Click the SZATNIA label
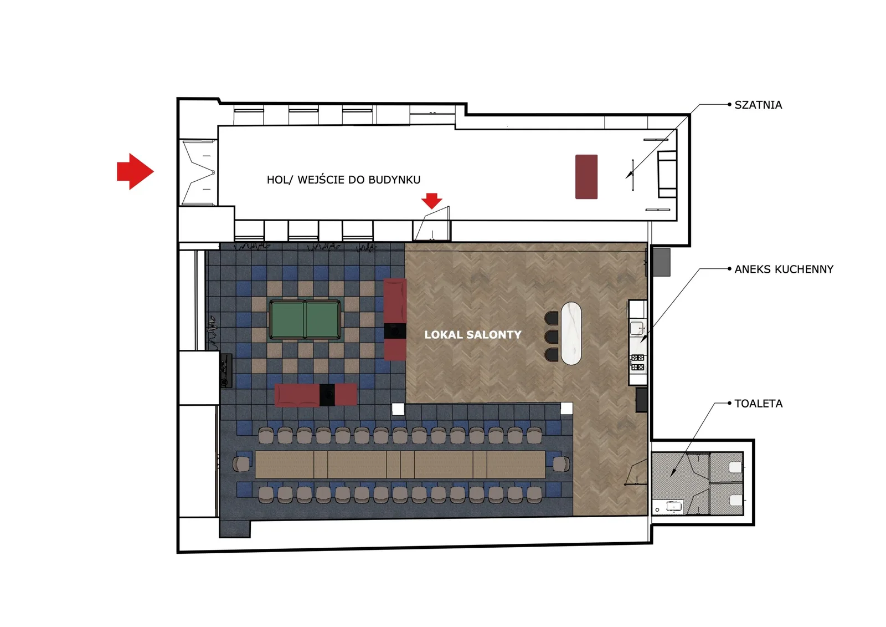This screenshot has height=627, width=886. [758, 105]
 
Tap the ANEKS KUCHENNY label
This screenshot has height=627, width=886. [784, 269]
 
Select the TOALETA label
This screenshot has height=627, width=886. [758, 404]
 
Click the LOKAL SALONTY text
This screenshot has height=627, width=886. [473, 335]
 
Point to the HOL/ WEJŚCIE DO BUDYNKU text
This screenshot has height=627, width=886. [343, 180]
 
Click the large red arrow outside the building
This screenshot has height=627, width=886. [135, 171]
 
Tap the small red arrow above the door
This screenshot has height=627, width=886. [431, 201]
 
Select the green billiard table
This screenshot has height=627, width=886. [305, 320]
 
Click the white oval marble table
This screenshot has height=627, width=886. [571, 333]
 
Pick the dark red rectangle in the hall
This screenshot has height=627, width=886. [586, 177]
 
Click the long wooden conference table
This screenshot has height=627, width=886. [400, 464]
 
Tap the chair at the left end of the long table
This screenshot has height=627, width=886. [241, 464]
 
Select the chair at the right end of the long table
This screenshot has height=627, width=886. [561, 464]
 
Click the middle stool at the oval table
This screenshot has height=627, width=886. [552, 337]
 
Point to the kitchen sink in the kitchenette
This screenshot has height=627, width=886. [637, 328]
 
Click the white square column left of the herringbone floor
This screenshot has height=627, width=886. [398, 409]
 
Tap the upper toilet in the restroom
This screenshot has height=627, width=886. [735, 467]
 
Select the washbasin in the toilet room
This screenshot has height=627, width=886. [673, 506]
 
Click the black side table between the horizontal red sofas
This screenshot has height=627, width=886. [327, 395]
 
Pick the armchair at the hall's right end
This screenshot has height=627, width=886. [667, 174]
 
